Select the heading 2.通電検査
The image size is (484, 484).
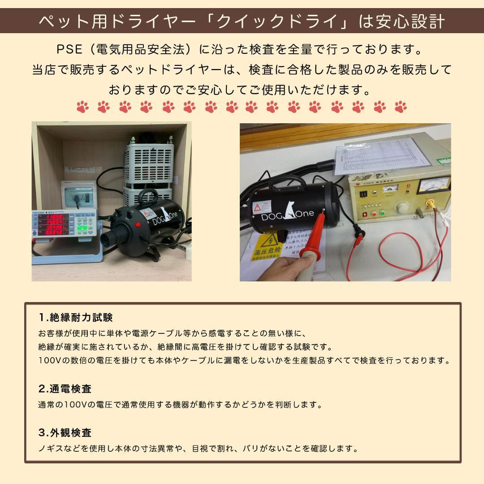click(x=65, y=389)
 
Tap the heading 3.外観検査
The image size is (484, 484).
click(x=65, y=433)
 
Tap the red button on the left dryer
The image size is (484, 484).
click(x=138, y=224)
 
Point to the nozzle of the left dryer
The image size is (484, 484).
click(x=110, y=238)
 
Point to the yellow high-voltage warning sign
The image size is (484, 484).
click(x=268, y=247)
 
